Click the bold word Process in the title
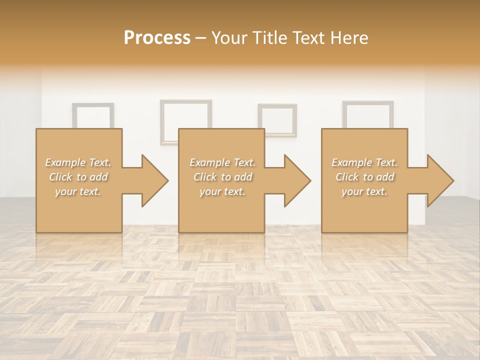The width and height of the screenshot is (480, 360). tap(157, 37)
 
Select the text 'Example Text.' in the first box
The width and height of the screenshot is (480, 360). tap(78, 162)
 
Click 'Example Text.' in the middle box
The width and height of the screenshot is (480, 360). tap(222, 162)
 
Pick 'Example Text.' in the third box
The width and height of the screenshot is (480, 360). tap(364, 162)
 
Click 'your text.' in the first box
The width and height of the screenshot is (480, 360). tap(78, 191)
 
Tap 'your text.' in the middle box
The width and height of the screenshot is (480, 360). tap(222, 191)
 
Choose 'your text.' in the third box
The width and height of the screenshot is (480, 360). tap(364, 191)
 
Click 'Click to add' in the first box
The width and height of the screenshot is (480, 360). tap(78, 177)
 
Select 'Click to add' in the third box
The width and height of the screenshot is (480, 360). tap(364, 177)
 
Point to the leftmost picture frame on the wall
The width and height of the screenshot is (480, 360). tap(93, 115)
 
